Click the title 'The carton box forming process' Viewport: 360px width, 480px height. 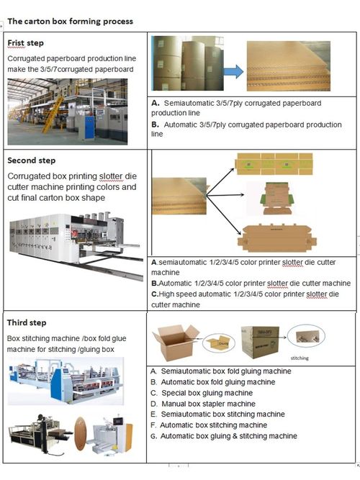[70, 21]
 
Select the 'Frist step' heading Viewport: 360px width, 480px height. [26, 44]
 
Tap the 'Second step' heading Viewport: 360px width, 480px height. [32, 160]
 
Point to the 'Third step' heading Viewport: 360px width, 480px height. [27, 323]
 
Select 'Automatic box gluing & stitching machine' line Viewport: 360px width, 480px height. [228, 436]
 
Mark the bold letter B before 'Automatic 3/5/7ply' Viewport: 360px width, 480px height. [155, 124]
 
